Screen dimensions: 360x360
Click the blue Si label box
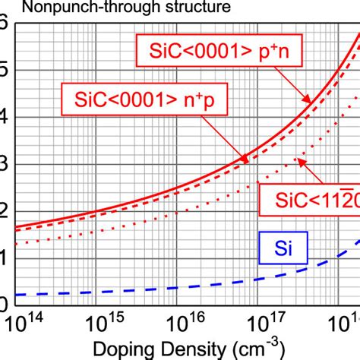(x=283, y=248)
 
